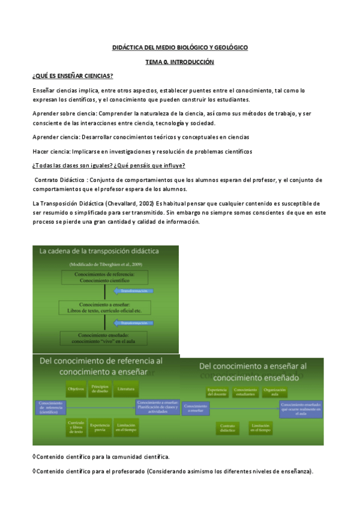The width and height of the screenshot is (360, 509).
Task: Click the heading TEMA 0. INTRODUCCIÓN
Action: pos(179,62)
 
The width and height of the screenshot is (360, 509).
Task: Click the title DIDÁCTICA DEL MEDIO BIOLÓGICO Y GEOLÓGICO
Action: pos(179,47)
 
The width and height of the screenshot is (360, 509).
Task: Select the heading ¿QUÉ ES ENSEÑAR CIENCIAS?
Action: pos(73,76)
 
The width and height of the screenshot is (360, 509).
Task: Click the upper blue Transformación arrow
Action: pos(133,291)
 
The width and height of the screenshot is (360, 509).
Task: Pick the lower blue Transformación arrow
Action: pos(133,322)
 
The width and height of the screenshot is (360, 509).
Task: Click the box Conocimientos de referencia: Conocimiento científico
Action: pos(105,277)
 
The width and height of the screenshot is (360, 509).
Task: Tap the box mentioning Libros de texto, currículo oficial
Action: pos(105,307)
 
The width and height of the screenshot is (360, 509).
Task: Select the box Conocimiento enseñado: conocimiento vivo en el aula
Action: pos(105,337)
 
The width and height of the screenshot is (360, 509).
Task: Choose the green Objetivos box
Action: pos(76,389)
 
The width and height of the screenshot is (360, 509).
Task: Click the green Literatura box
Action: pos(126,389)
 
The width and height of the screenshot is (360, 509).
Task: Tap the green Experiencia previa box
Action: pos(100,427)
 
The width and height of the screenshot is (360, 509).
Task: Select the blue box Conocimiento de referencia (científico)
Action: pos(52,407)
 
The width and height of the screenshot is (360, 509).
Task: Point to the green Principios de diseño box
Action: pos(100,389)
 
